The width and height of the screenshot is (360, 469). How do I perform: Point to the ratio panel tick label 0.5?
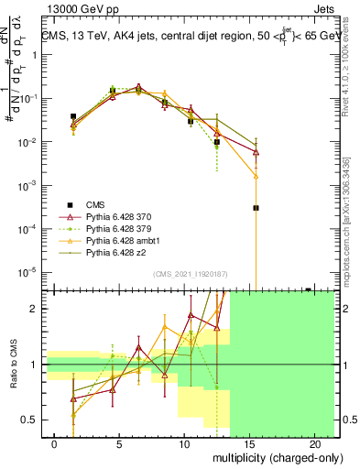pyautogui.click(x=29, y=420)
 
